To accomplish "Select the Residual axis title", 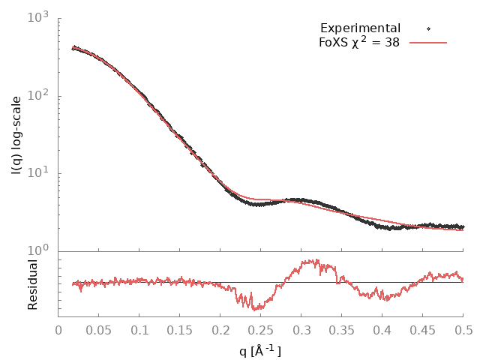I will point(32,284).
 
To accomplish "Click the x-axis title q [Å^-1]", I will point(260,350).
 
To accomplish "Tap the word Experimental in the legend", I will point(360,28).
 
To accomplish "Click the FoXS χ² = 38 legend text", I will point(359,43).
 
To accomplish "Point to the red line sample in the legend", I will point(428,43).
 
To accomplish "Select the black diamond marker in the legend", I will point(428,28).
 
